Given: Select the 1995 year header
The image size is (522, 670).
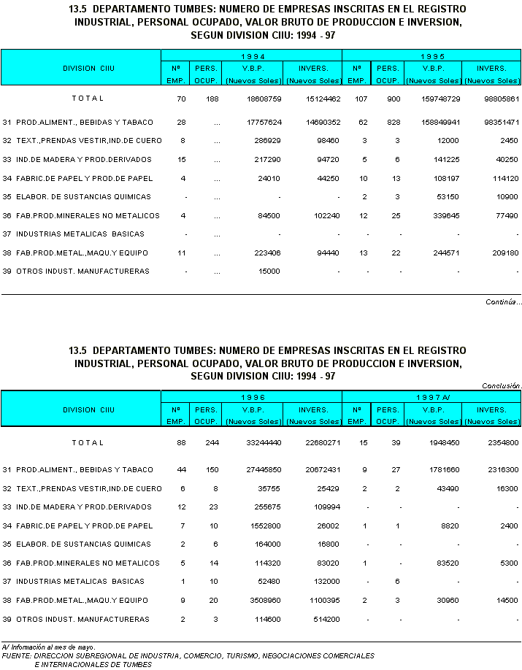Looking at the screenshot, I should coord(431,56).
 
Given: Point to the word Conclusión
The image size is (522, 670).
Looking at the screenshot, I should coord(502,386).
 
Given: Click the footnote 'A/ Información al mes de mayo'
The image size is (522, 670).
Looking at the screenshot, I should coord(48,647).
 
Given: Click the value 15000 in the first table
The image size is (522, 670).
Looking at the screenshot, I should coord(269,272).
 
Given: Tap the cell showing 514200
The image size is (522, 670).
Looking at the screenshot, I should coord(325,620).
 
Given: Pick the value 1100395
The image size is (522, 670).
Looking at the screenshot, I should coord(322,601).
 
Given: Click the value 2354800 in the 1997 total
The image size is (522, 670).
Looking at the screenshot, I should coord(502,443).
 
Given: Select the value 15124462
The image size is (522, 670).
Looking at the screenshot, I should coord(321,99).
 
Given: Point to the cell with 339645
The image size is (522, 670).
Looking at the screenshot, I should coord(445,216).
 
